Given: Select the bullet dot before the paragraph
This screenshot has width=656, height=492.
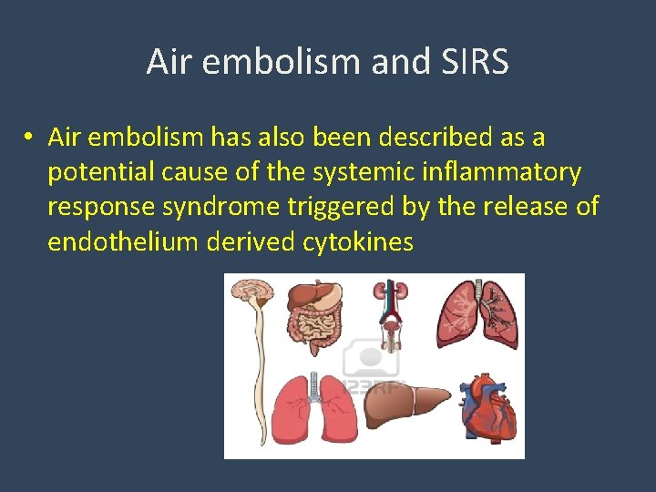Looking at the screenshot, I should (30, 138).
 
